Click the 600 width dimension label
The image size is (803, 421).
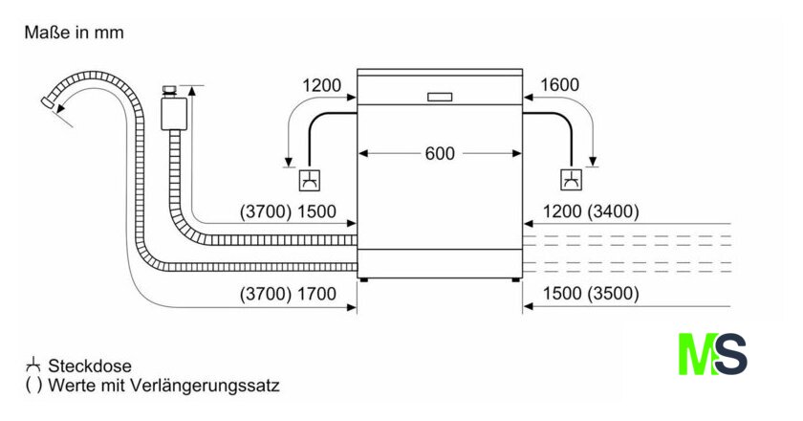click(441, 153)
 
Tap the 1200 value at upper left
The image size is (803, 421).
click(321, 85)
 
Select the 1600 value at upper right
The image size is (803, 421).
click(559, 85)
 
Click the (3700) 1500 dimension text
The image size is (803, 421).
click(288, 211)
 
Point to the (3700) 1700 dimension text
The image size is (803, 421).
click(288, 294)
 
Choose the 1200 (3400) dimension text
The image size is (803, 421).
click(591, 211)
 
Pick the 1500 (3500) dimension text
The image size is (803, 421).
click(591, 294)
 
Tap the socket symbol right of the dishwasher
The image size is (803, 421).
click(571, 180)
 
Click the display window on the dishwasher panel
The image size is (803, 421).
click(440, 96)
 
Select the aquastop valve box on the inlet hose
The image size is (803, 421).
click(173, 110)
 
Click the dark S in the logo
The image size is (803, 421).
click(731, 354)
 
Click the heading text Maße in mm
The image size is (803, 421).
click(74, 33)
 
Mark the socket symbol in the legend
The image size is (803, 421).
click(33, 365)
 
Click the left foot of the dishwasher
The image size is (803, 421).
click(363, 279)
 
